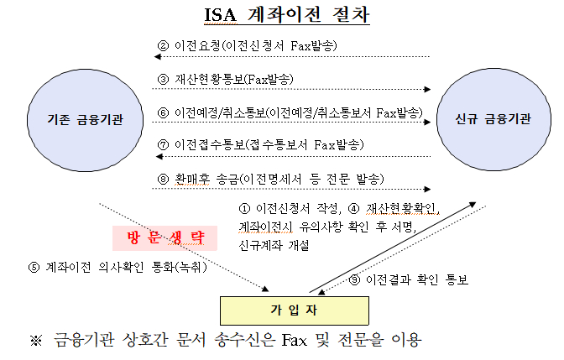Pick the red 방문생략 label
[x=165, y=238]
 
